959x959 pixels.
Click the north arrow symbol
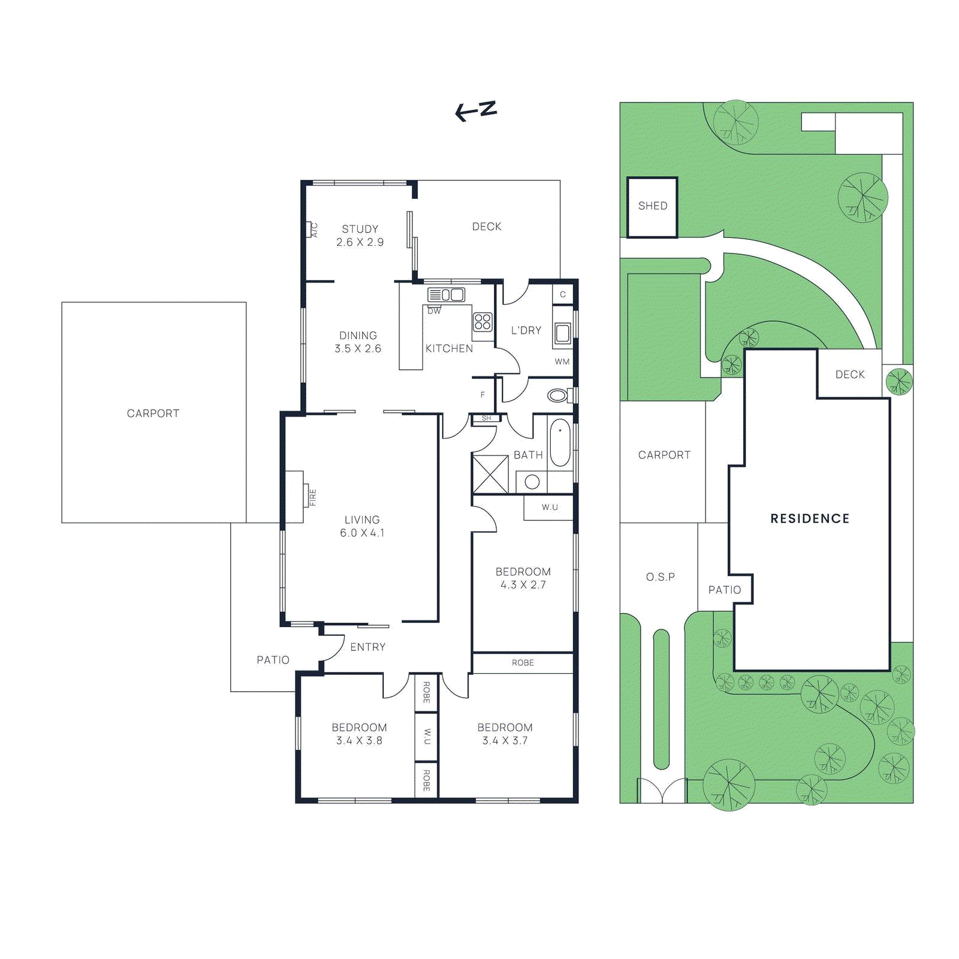click(475, 111)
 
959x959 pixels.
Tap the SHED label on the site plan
click(652, 206)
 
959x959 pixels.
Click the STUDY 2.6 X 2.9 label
click(360, 236)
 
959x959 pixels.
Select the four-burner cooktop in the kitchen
click(482, 322)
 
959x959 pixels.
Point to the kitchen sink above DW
click(446, 295)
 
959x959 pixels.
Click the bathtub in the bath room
click(560, 442)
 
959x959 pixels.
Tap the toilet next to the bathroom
click(559, 396)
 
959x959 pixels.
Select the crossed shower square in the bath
click(490, 474)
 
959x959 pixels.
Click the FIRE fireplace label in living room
click(312, 497)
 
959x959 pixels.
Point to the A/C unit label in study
click(313, 230)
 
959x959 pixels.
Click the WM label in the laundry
click(562, 361)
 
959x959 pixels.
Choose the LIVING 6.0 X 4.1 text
click(362, 526)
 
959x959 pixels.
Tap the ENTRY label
click(367, 647)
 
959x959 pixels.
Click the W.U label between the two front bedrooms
click(427, 737)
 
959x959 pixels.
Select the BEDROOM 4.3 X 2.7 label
click(523, 578)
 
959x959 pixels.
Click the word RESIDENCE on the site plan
click(810, 519)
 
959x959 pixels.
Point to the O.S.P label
click(660, 577)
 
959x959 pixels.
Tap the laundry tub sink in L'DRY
click(562, 333)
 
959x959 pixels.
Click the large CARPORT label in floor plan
click(153, 414)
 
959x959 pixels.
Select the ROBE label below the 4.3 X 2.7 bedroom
click(523, 663)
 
